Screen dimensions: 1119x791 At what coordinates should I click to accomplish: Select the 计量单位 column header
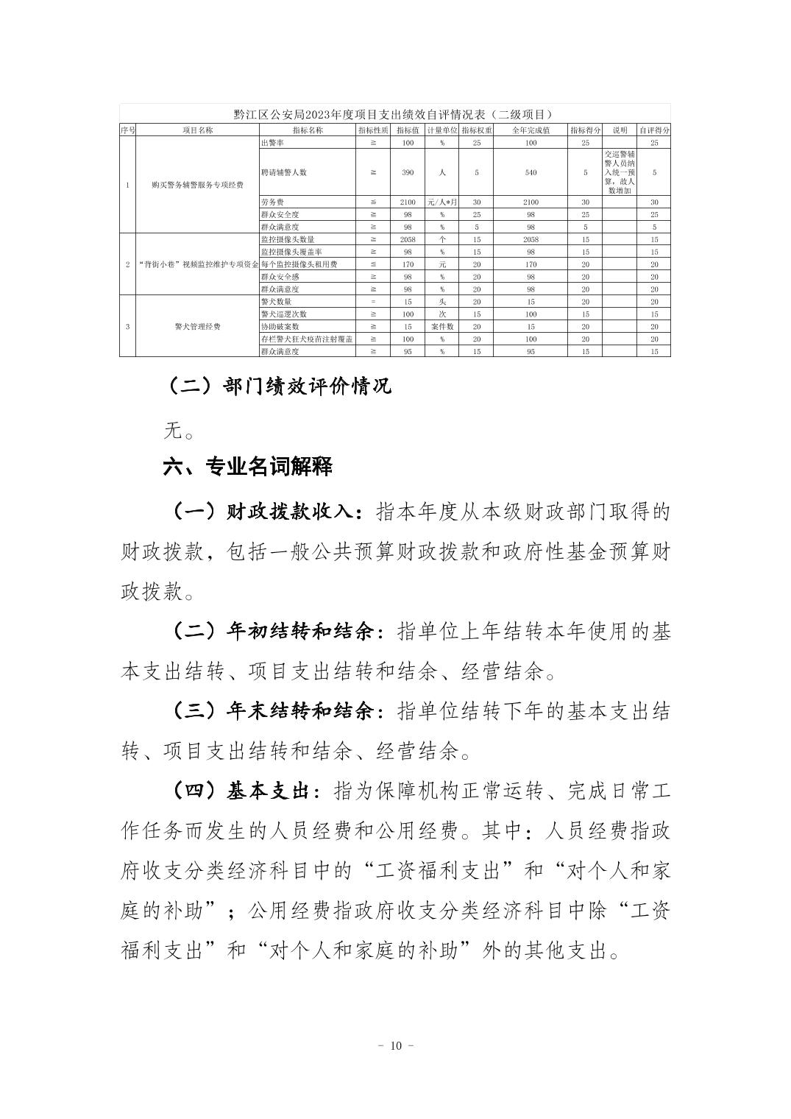tap(442, 130)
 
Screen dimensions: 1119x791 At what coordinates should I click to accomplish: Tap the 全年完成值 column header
tap(531, 130)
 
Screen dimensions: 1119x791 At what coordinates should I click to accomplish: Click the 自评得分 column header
tap(654, 130)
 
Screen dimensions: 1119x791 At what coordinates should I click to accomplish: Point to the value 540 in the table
tap(531, 172)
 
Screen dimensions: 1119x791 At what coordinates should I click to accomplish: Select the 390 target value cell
tap(408, 172)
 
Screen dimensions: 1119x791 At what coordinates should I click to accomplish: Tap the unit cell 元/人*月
tap(442, 202)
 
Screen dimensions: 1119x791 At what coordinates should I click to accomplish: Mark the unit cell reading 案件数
tap(442, 326)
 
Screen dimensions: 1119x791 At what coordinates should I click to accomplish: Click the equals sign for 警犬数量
tap(373, 302)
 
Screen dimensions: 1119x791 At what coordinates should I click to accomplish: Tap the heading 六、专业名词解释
tap(247, 467)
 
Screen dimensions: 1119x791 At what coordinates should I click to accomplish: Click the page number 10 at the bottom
tap(395, 1046)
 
